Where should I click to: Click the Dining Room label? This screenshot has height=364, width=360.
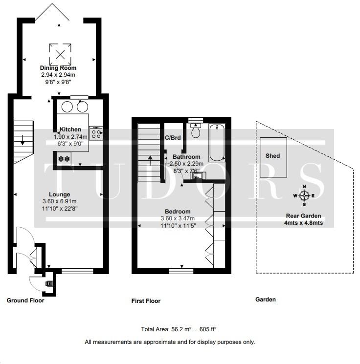[58, 68]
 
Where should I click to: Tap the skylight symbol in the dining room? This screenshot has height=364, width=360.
[60, 55]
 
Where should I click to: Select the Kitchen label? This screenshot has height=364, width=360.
[70, 129]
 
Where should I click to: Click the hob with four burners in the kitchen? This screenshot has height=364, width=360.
[96, 133]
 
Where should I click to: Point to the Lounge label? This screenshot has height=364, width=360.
[60, 194]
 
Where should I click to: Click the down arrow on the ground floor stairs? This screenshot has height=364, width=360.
[22, 140]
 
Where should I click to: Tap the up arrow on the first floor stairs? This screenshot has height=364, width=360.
[150, 161]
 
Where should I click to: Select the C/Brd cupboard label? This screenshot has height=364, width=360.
[173, 138]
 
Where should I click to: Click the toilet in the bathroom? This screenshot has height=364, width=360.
[196, 130]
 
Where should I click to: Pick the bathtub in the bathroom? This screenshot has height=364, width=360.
[217, 143]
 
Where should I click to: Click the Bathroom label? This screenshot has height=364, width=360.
[186, 157]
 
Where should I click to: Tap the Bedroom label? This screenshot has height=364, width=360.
[178, 212]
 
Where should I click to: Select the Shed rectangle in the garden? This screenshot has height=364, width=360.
[273, 157]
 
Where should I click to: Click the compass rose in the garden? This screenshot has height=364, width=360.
[304, 195]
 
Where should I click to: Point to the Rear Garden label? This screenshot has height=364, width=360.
[304, 216]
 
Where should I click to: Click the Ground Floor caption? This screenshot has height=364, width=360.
[25, 300]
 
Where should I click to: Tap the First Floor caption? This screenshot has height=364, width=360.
[146, 301]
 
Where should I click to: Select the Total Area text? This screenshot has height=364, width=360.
[179, 329]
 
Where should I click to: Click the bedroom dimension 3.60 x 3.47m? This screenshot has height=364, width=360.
[178, 218]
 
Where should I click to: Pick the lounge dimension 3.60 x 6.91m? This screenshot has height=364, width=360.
[60, 201]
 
